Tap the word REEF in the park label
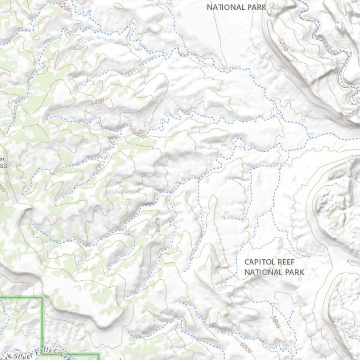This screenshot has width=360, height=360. pyautogui.click(x=291, y=262)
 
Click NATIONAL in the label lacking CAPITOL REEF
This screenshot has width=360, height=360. pyautogui.click(x=226, y=7)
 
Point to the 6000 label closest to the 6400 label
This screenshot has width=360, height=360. pyautogui.click(x=139, y=134)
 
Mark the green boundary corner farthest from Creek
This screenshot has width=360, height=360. pyautogui.click(x=42, y=297)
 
